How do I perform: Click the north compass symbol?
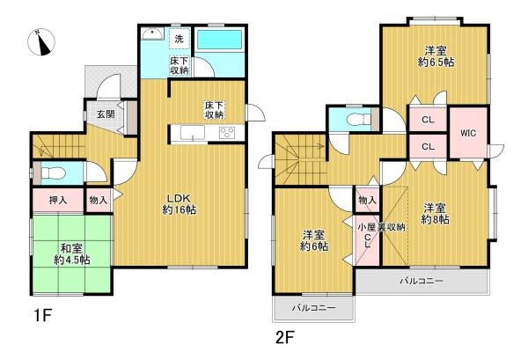point(41,42)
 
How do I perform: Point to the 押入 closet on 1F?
point(57,201)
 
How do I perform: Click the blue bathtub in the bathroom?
point(223,41)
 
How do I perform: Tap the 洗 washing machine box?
point(179,39)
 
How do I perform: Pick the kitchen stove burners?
point(226,133)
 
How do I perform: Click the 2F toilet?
point(355,119)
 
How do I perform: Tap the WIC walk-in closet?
point(466,133)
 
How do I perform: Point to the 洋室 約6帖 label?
point(314,241)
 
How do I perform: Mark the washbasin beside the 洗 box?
point(151,37)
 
